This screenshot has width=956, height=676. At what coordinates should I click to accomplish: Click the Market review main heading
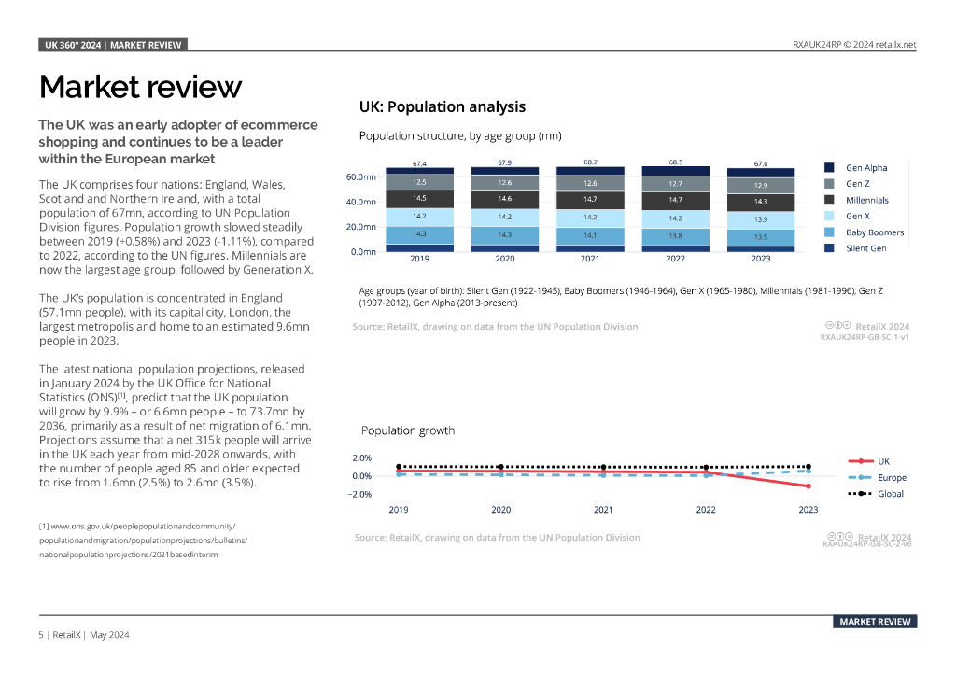point(140,87)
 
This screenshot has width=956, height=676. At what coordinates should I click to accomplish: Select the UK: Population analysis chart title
point(442,107)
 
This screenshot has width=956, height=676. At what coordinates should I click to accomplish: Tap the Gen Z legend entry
point(856,184)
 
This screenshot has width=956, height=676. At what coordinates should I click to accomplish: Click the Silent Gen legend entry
point(865,248)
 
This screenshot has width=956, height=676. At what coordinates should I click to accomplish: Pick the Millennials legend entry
point(866,200)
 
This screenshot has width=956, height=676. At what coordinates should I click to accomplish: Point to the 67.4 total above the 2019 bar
point(419,163)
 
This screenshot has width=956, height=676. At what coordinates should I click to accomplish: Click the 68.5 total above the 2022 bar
point(675,162)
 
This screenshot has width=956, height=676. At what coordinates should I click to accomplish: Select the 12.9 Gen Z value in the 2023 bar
point(761,186)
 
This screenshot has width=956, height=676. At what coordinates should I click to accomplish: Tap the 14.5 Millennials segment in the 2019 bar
point(419,198)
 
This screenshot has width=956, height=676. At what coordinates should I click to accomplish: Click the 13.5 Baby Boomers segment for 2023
point(761,237)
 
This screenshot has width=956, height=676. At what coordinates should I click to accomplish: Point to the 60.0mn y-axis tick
point(361,176)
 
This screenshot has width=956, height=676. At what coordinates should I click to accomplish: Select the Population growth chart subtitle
point(408,430)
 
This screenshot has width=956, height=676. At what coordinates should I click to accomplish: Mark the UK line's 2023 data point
point(808,486)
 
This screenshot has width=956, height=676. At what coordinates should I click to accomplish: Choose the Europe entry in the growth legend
point(892,477)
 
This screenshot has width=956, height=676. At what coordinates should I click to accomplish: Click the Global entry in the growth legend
point(890,493)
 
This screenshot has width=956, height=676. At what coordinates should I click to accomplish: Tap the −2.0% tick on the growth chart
point(359,494)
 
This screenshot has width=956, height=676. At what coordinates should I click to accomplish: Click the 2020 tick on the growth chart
point(501,510)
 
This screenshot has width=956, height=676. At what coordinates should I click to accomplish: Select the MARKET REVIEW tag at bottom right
point(875,622)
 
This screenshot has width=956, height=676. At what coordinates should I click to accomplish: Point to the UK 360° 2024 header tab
point(114,45)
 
